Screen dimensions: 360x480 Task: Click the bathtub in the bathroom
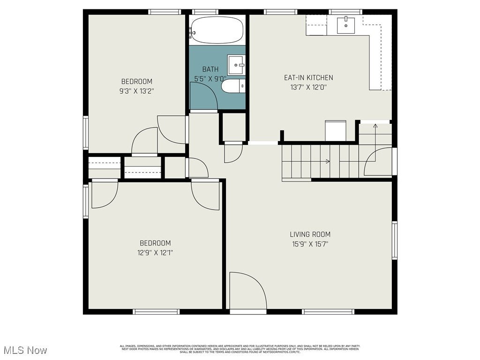217,30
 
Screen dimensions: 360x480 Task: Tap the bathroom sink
236,65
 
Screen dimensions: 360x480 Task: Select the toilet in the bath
233,86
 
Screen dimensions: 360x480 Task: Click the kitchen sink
346,25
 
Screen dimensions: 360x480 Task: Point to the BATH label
210,69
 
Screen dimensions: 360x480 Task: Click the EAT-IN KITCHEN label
308,78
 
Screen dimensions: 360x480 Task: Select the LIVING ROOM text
310,234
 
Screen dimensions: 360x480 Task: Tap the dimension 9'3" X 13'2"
137,91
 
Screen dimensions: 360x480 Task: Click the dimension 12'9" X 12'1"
155,253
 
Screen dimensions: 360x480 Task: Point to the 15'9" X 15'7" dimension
310,244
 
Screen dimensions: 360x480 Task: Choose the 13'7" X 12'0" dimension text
308,87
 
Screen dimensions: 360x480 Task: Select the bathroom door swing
202,96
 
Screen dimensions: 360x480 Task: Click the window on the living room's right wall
394,240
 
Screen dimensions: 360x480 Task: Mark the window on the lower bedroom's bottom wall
156,311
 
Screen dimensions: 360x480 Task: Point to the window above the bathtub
205,12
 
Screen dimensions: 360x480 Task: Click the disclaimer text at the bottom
240,349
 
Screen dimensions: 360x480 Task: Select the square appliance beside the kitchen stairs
336,131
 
